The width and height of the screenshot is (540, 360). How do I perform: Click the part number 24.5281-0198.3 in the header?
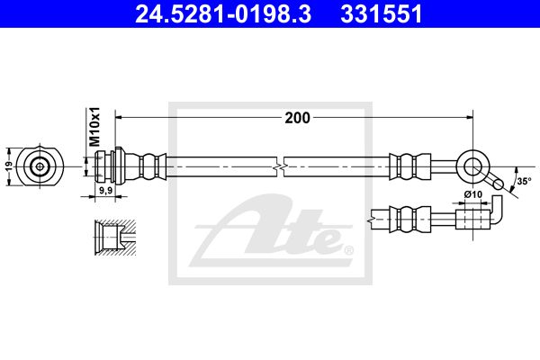click(223, 13)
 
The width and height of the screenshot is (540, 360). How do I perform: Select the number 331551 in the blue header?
click(382, 13)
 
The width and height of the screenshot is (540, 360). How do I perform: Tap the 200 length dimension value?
click(298, 118)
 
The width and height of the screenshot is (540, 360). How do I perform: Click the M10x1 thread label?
click(94, 126)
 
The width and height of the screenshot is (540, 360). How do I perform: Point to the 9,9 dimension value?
click(105, 190)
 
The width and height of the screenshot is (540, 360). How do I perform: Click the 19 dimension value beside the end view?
click(9, 166)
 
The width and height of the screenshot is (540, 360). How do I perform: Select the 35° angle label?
click(524, 181)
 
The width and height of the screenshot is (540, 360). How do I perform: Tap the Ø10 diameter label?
click(473, 194)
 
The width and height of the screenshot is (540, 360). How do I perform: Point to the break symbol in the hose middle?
click(281, 166)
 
